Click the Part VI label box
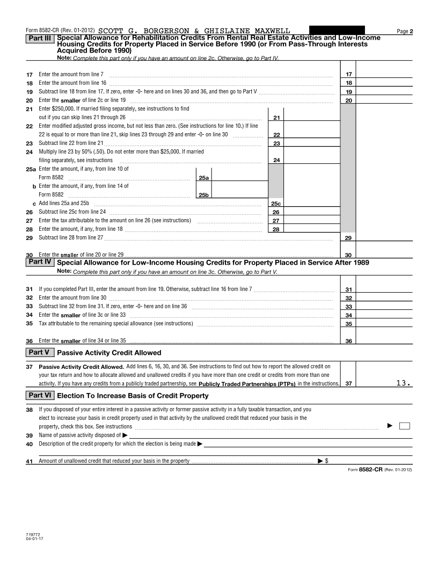click(40, 395)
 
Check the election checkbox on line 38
click(405, 426)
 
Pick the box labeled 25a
click(204, 177)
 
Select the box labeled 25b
click(204, 195)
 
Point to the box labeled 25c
click(276, 203)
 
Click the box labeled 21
click(276, 118)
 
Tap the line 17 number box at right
click(348, 74)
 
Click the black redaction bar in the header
click(337, 31)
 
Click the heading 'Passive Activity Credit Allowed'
click(109, 353)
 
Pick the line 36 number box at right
click(348, 341)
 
